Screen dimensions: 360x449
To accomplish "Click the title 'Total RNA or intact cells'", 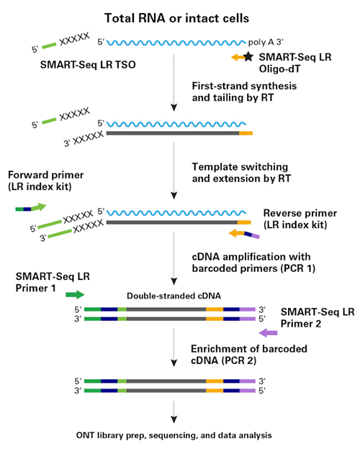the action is coord(176,18).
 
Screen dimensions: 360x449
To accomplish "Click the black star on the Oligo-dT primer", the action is coord(248,56).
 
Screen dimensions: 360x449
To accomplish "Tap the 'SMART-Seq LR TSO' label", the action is coord(88,65).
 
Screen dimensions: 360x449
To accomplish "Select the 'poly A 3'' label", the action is coord(266,42).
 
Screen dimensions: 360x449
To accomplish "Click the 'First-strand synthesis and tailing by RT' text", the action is coord(244,91).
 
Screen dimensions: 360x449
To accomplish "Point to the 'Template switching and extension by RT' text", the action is coord(241,173).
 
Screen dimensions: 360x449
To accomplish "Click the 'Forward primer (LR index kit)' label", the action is coord(46,181).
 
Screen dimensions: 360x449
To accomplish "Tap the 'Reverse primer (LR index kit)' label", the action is coord(300,219).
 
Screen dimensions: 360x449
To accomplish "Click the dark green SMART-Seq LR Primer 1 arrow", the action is coord(75,295).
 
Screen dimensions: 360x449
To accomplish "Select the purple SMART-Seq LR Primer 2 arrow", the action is coord(268,332).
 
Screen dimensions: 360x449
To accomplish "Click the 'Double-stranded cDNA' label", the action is coord(174,296).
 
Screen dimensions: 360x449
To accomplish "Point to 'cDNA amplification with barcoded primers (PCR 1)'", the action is coord(253,263).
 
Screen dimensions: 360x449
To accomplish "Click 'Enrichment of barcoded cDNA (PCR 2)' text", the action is coord(249,355).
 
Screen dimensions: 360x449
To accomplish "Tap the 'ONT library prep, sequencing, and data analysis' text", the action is coord(174,435).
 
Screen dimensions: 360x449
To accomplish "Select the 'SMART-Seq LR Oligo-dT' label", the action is coord(295,63).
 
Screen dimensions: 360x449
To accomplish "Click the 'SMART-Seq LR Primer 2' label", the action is coord(318,317).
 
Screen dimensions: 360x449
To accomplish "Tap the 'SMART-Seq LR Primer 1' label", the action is coord(53,282).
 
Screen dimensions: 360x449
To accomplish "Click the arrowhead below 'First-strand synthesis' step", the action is coord(174,108).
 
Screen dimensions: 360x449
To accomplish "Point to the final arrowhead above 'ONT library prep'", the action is coord(174,419).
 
